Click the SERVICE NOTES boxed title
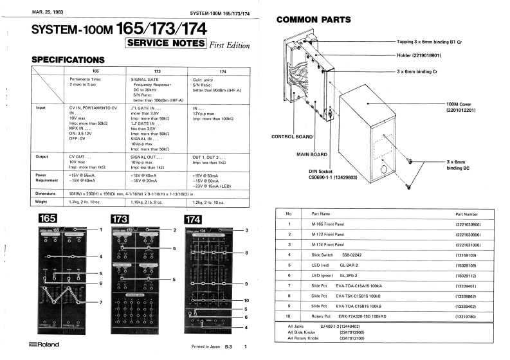pyautogui.click(x=166, y=44)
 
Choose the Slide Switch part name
pyautogui.click(x=325, y=254)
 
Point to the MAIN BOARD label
pyautogui.click(x=312, y=154)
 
